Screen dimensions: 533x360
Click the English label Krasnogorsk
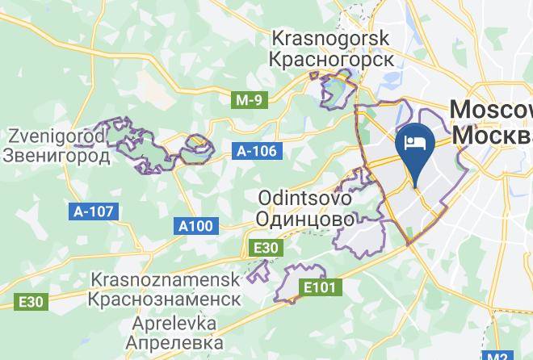click(x=331, y=38)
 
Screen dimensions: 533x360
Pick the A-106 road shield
click(x=257, y=151)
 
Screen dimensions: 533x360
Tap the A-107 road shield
click(x=94, y=211)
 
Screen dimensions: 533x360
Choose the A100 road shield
click(x=195, y=227)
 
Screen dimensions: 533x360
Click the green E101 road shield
click(x=321, y=287)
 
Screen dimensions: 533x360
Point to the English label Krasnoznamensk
click(x=166, y=279)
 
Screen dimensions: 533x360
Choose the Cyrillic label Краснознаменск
click(x=166, y=299)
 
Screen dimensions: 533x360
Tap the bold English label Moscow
click(x=490, y=110)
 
